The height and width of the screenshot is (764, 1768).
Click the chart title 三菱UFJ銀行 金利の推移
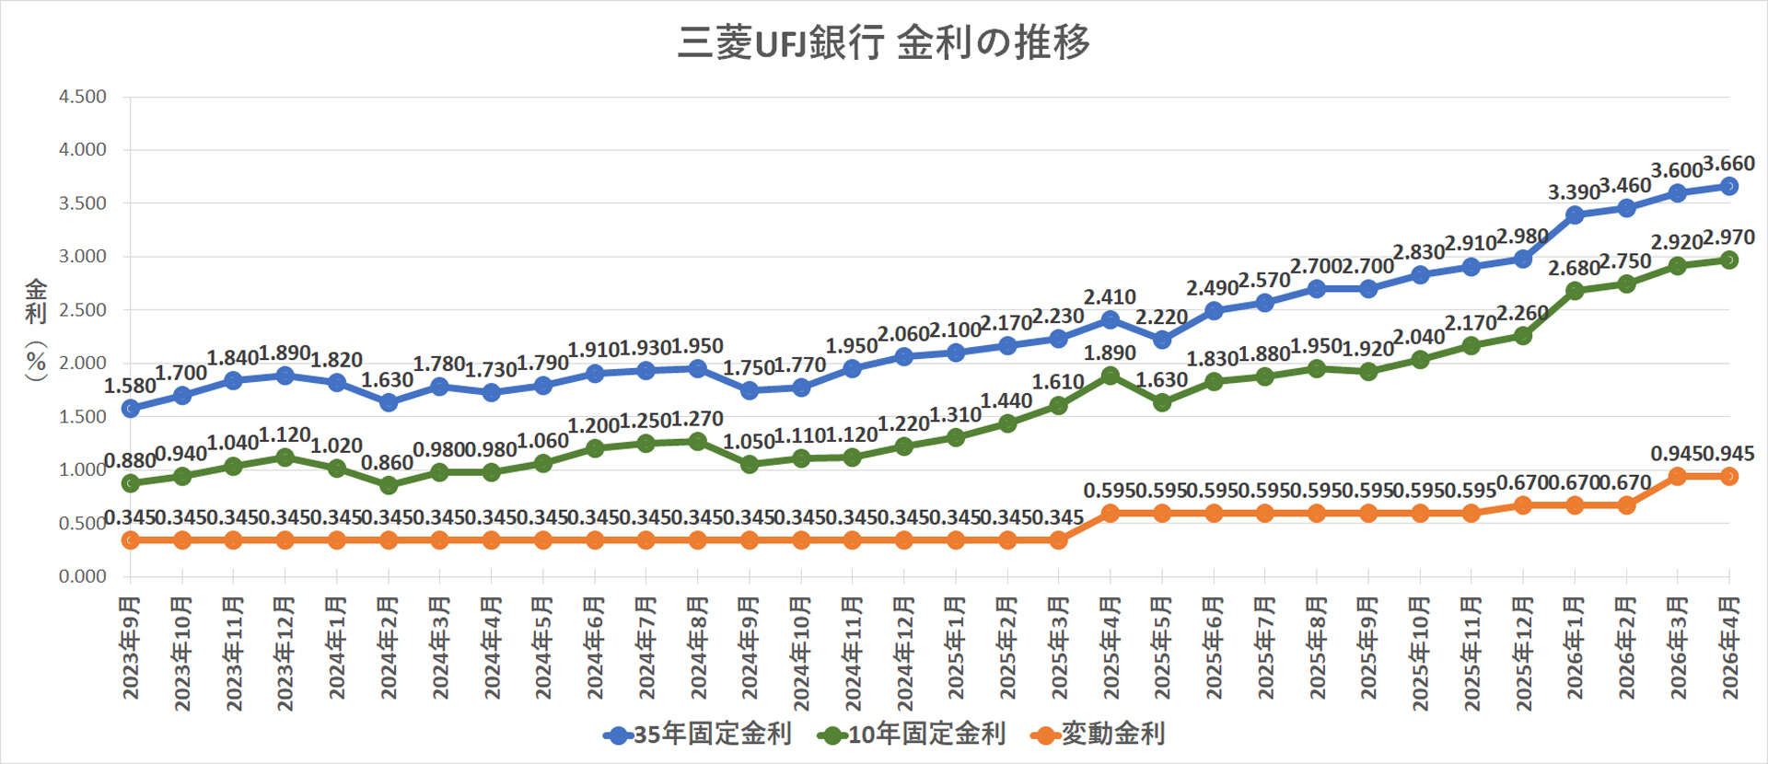(883, 42)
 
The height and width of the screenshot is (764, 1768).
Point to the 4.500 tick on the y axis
(83, 97)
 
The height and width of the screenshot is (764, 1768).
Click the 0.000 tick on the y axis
(83, 576)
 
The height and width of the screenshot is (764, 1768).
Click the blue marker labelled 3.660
(1729, 186)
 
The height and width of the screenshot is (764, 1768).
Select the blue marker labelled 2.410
(1111, 319)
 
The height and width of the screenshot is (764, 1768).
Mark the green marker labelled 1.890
(1111, 376)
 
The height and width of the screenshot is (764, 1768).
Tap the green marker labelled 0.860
(389, 485)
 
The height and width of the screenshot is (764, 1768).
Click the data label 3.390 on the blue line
(1573, 192)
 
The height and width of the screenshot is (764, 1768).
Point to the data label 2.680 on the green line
(1573, 268)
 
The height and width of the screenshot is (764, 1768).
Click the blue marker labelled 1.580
(131, 408)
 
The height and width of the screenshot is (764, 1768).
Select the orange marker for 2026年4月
(1729, 476)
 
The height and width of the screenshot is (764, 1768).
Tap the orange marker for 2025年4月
(1111, 514)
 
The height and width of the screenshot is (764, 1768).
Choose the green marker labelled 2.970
(1729, 260)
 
